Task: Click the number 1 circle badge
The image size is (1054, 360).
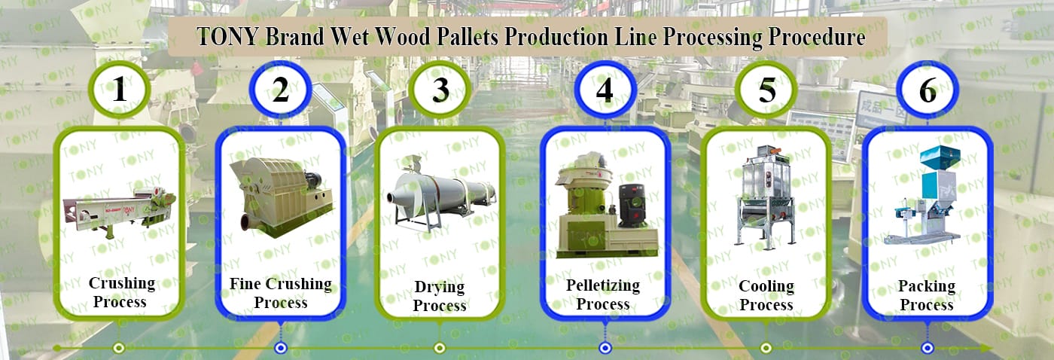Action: click(x=119, y=90)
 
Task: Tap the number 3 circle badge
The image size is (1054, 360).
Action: click(x=440, y=90)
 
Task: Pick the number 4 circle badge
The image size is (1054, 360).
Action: click(x=605, y=90)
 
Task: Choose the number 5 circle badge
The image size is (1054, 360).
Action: click(x=766, y=90)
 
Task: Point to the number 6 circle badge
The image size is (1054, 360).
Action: click(x=928, y=90)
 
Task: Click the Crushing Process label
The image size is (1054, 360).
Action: click(x=121, y=293)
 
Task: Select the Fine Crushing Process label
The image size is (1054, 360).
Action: click(x=280, y=293)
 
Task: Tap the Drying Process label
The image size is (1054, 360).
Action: click(x=440, y=296)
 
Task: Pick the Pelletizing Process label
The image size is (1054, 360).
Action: click(x=603, y=294)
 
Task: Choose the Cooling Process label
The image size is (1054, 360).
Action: click(x=766, y=295)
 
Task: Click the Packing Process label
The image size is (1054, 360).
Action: click(x=927, y=295)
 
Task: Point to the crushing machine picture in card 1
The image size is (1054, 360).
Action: click(x=120, y=211)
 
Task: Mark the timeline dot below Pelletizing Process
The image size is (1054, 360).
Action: click(x=605, y=348)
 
